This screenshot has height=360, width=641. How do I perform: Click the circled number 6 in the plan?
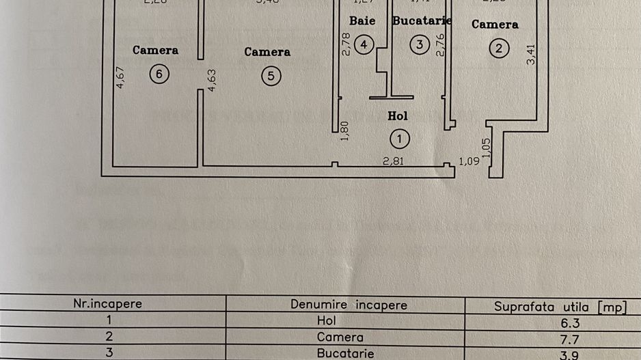[159, 75]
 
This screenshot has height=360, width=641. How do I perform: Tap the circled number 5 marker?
[271, 76]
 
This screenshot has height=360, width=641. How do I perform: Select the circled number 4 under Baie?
[364, 45]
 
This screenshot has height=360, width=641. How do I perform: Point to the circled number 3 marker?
[420, 45]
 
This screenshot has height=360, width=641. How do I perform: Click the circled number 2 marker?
[500, 49]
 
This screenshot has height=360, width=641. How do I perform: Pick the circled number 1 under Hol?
[399, 139]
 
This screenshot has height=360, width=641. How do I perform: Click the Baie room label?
[362, 20]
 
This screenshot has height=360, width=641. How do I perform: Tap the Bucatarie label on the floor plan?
[422, 20]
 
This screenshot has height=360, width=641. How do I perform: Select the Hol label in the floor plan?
[398, 116]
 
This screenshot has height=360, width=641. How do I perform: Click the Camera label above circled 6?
[155, 50]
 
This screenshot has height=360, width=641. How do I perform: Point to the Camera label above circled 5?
[267, 51]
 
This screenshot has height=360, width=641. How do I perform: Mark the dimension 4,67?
[120, 77]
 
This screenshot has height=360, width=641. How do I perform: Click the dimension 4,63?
[211, 79]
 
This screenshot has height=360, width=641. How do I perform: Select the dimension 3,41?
[532, 54]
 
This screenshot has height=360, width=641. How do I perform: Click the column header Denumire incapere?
[349, 305]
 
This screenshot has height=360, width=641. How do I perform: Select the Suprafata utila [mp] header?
[560, 307]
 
